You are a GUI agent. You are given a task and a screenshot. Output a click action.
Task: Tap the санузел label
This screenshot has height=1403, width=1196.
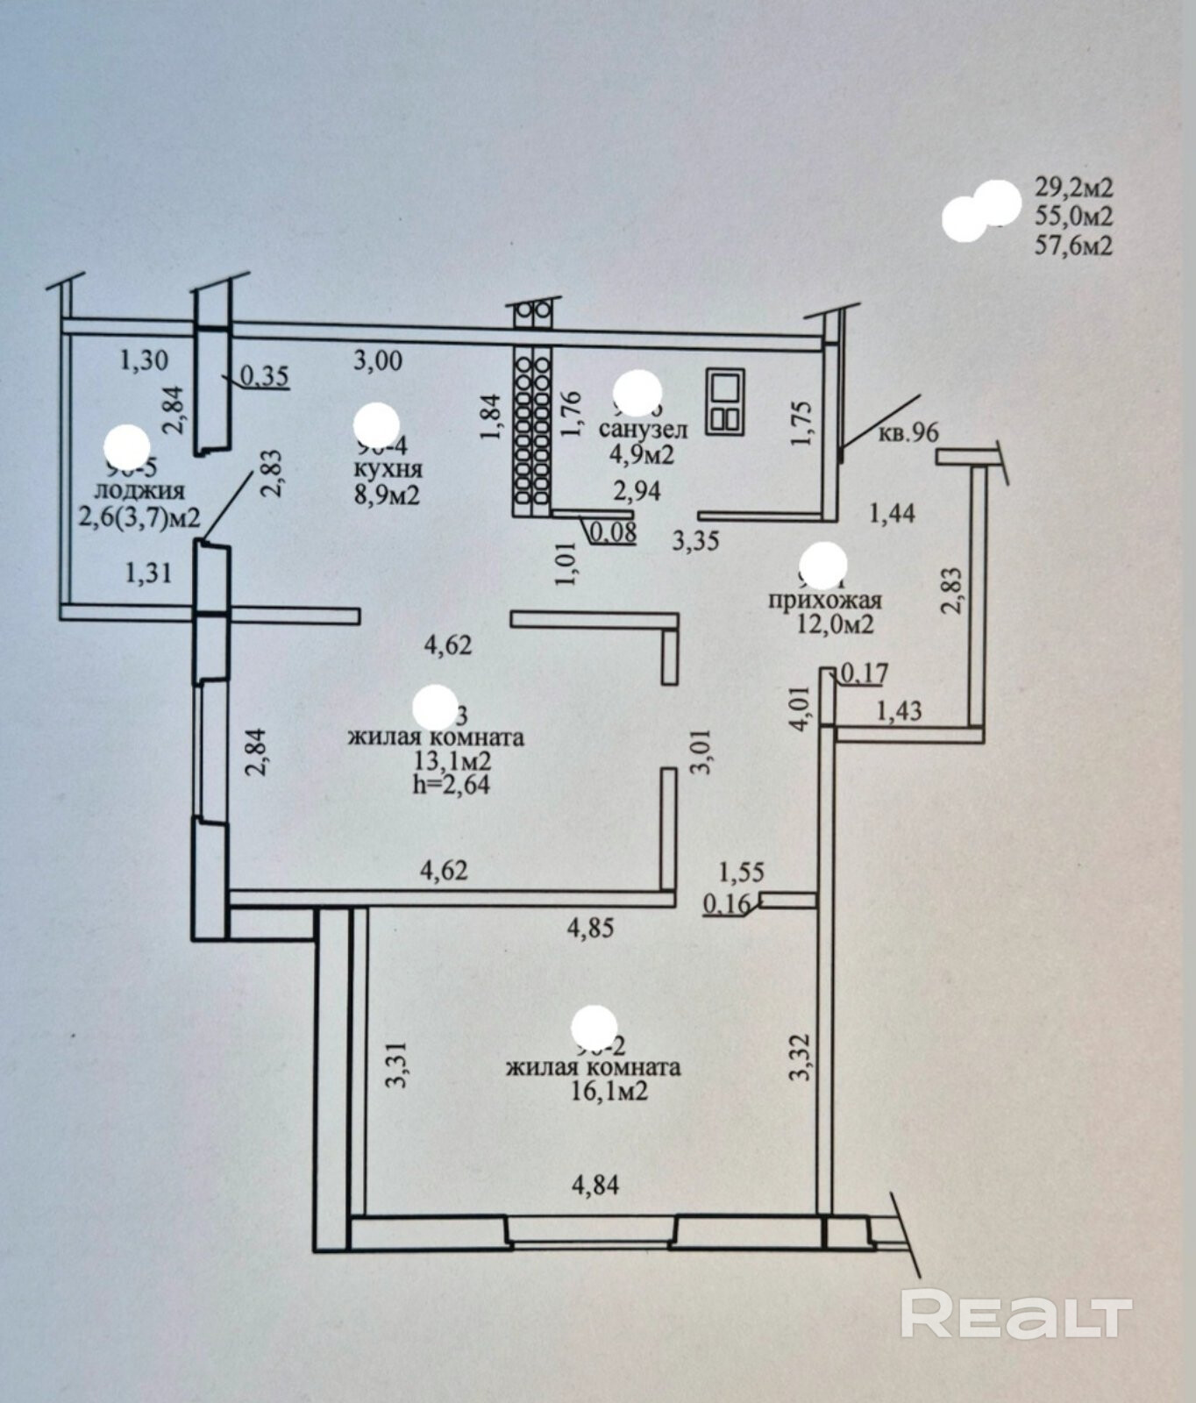point(643,430)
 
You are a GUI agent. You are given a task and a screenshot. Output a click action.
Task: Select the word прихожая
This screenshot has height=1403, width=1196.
point(824,601)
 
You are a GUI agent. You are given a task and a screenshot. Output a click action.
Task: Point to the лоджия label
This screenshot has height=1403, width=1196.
point(140,490)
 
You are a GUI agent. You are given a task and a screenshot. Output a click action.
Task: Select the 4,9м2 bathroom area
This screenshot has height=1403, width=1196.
point(641,454)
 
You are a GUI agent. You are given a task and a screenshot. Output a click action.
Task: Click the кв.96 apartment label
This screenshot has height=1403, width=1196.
point(907,432)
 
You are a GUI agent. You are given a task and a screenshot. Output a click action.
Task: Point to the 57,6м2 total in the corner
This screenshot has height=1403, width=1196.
point(1073,246)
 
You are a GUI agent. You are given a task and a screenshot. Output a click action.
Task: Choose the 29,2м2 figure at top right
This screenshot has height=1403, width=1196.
point(1073,187)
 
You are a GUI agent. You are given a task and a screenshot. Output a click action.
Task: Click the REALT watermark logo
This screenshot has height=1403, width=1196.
point(1016,1313)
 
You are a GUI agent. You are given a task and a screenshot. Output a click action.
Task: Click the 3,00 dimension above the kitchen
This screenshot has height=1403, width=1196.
point(377,360)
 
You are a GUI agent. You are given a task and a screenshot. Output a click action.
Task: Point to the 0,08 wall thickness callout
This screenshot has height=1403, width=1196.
point(613,531)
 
